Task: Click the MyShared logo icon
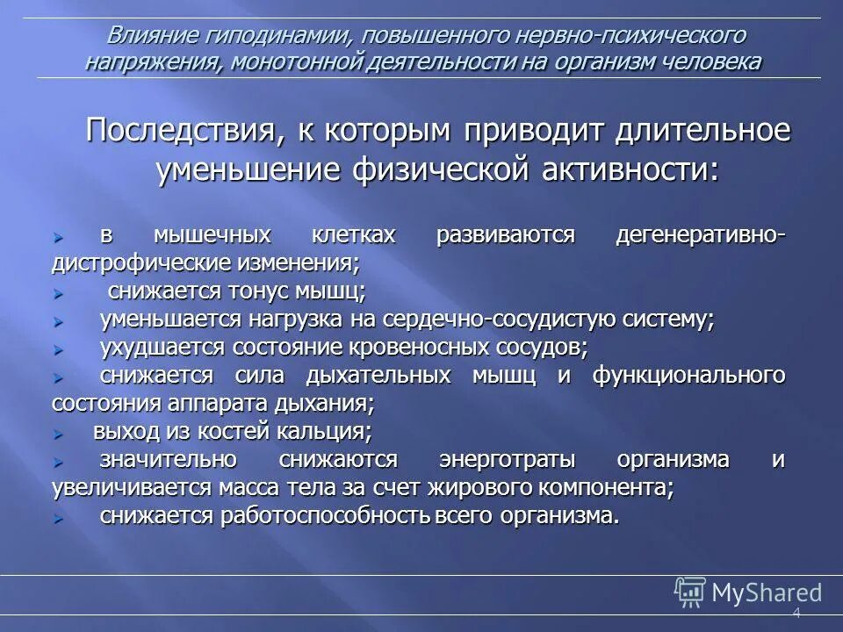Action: tap(690, 592)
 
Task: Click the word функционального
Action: tap(688, 376)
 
